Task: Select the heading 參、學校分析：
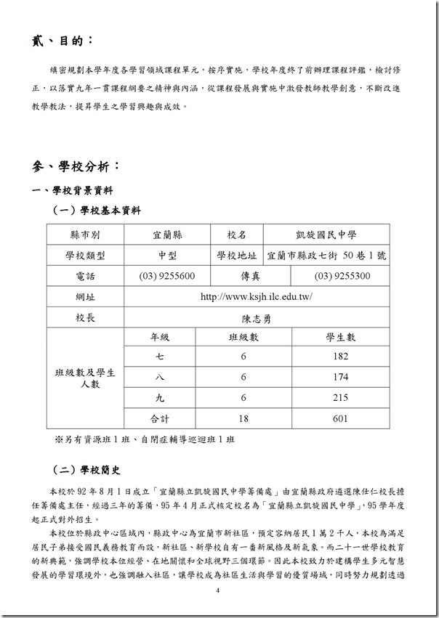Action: pyautogui.click(x=75, y=166)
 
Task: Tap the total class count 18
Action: pyautogui.click(x=243, y=419)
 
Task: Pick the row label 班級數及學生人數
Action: pyautogui.click(x=85, y=378)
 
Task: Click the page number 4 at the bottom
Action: pyautogui.click(x=218, y=590)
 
